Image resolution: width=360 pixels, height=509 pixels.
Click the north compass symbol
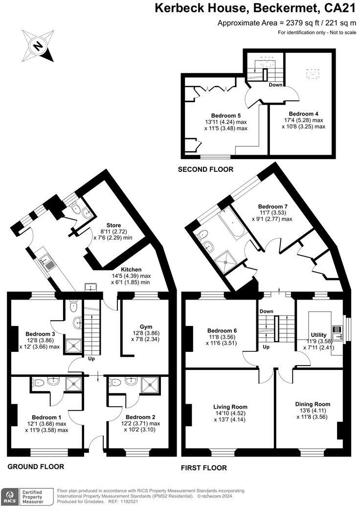[x=38, y=46]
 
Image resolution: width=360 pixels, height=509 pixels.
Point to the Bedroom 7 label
[x=271, y=207]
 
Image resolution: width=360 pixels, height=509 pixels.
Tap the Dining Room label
[x=313, y=404]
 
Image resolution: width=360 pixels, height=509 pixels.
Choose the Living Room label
[x=230, y=407]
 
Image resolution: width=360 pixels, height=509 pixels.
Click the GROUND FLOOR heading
[x=36, y=466]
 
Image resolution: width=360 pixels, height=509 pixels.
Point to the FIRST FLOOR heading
[x=204, y=468]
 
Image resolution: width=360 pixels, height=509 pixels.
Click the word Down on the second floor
[x=275, y=85]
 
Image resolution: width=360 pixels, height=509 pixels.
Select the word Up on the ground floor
[x=91, y=358]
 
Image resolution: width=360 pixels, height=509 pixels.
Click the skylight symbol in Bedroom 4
[x=312, y=74]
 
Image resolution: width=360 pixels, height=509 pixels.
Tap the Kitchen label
[x=131, y=269]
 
